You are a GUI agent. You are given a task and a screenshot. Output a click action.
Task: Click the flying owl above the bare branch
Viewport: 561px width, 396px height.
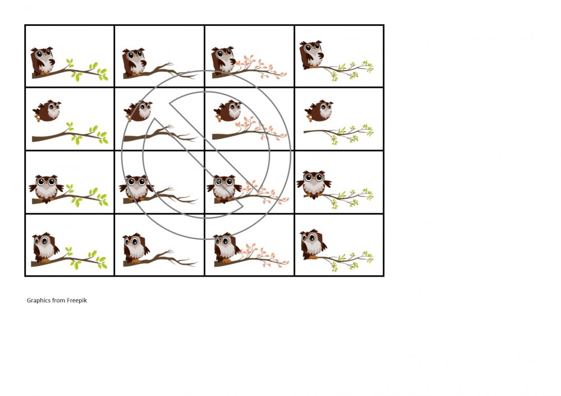(x=138, y=111)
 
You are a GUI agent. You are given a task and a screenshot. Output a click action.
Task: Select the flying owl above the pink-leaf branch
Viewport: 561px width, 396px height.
(x=228, y=111)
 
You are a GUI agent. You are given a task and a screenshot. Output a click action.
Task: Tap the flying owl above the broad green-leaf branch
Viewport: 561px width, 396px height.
(x=47, y=111)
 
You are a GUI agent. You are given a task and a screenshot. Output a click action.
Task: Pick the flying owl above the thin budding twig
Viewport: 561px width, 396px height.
(x=319, y=111)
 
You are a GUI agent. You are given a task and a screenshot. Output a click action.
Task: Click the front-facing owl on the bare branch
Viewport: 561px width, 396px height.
(x=137, y=188)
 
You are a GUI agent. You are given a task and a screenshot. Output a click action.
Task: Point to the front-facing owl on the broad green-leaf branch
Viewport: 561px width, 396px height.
(x=47, y=189)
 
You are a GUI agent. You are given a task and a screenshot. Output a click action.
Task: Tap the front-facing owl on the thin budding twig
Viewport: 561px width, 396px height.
(x=314, y=184)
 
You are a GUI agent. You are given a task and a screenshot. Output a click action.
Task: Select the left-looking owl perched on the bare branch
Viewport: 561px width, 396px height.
(x=134, y=248)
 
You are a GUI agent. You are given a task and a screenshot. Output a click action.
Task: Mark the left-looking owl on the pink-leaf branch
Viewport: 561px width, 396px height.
(x=225, y=248)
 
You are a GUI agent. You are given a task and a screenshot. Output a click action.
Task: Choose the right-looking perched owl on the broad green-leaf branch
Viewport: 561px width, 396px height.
(x=43, y=61)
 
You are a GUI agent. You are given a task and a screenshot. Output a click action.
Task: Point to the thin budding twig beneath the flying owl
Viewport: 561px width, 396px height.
(x=338, y=134)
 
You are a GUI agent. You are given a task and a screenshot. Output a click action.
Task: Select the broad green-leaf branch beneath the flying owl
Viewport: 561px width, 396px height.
(x=70, y=133)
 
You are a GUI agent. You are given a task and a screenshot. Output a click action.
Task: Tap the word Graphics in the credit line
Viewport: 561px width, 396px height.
(x=38, y=300)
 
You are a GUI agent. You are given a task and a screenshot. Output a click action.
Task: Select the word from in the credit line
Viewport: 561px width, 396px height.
(x=58, y=300)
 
